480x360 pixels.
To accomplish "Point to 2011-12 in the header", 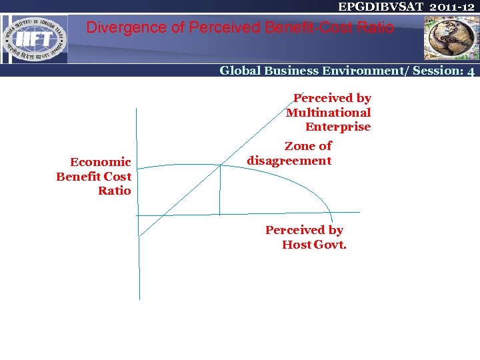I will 452,7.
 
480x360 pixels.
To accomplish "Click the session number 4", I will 471,71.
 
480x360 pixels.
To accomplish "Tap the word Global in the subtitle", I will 241,71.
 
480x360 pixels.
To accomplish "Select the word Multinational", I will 328,113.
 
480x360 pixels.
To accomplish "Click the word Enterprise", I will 337,127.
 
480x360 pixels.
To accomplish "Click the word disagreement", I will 289,161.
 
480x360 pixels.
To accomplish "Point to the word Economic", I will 100,162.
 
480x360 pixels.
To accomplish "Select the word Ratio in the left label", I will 114,191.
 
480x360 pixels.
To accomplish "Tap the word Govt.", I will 331,245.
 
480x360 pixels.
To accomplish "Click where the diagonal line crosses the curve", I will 221,165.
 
